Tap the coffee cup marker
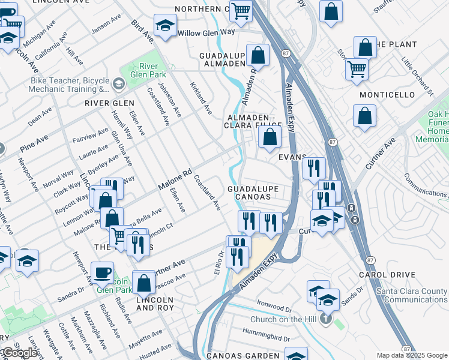pyautogui.click(x=102, y=272)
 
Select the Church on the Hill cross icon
pyautogui.click(x=325, y=319)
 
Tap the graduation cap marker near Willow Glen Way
pyautogui.click(x=164, y=26)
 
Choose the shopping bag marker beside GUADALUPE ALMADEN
pyautogui.click(x=258, y=56)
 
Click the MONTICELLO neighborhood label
pyautogui.click(x=387, y=95)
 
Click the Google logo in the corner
pyautogui.click(x=19, y=353)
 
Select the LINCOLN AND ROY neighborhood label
pyautogui.click(x=155, y=304)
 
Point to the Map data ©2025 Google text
pyautogui.click(x=411, y=355)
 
